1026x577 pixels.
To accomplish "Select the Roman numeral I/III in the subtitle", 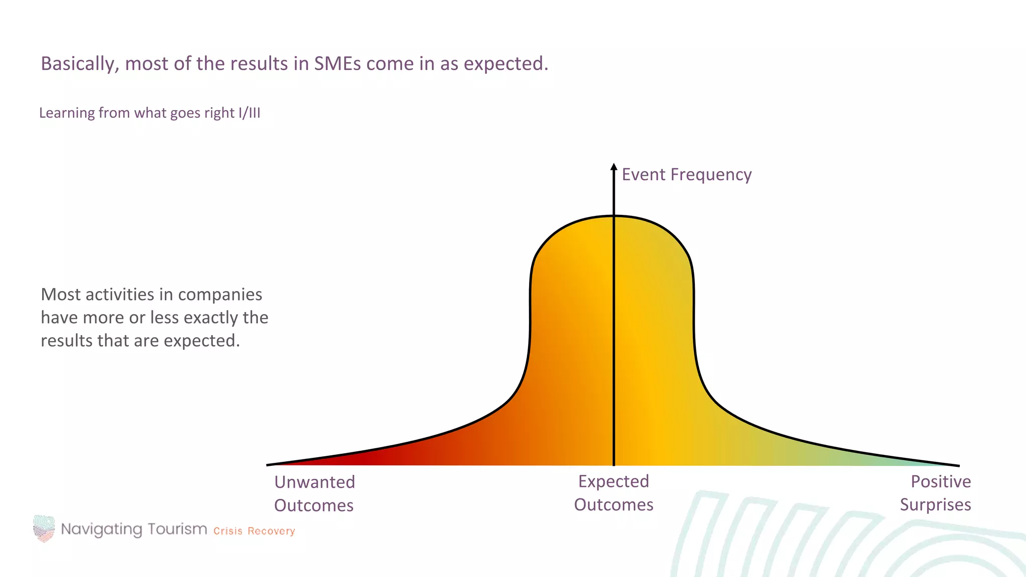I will tap(249, 113).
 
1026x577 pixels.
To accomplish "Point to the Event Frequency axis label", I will tap(686, 174).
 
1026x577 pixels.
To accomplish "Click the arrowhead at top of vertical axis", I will tap(614, 167).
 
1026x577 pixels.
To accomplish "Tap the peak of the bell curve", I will tap(614, 216).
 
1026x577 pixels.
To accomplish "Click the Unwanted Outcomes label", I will tap(314, 493).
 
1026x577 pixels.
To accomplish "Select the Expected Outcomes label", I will tap(614, 493).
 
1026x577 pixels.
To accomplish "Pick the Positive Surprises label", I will tap(935, 493).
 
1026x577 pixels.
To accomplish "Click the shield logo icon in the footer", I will tap(44, 528).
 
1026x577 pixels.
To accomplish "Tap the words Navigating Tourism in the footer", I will tap(134, 529).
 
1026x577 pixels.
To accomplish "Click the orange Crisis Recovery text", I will tap(254, 531).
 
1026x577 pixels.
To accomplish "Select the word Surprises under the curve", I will tap(935, 505).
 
